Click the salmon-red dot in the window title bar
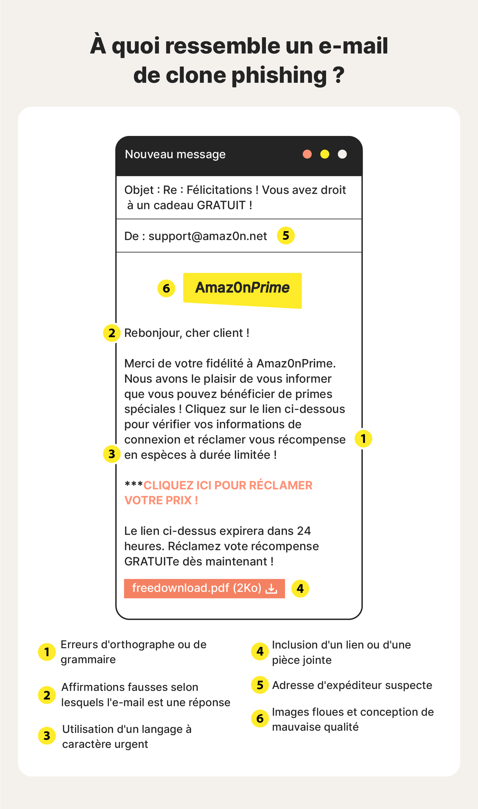pos(307,154)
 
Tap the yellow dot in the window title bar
pos(325,154)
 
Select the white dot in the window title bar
pos(342,154)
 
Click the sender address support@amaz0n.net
pos(207,236)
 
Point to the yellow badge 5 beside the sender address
pos(286,236)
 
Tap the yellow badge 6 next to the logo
pos(166,288)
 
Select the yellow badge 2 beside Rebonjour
pos(112,333)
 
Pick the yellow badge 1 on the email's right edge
pos(363,438)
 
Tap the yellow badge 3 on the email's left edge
pos(112,454)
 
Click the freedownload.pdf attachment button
pos(204,588)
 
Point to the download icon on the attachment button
pos(271,589)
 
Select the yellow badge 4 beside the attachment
pos(300,588)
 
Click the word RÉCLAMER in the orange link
pos(281,486)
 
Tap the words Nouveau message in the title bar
pos(175,154)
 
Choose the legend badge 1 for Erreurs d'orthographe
pos(47,652)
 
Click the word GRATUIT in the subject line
pos(221,205)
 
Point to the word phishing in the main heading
pos(279,75)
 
